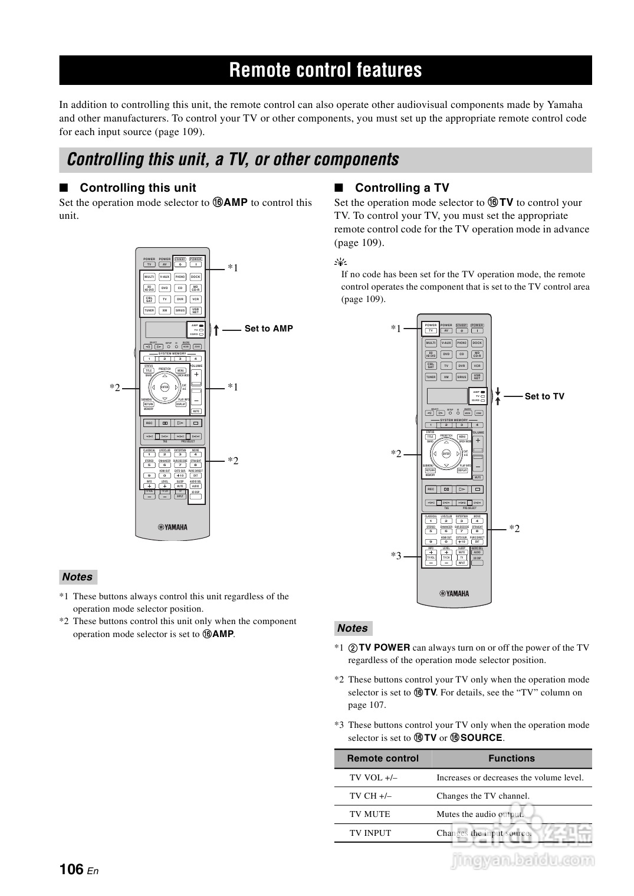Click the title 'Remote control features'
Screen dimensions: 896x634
tap(326, 70)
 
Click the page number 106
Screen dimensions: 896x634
tap(71, 869)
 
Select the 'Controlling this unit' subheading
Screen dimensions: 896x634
tap(137, 188)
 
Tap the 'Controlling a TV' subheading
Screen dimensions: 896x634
tap(402, 188)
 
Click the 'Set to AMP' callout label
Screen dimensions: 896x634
tap(268, 329)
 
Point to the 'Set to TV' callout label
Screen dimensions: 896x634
tap(544, 396)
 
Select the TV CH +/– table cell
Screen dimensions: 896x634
tap(370, 796)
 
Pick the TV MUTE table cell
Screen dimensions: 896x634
tap(370, 814)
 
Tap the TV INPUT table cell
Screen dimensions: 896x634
tap(370, 833)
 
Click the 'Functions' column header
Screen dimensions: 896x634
tap(511, 759)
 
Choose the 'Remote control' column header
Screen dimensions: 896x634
tap(383, 759)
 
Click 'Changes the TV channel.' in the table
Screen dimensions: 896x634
tap(483, 796)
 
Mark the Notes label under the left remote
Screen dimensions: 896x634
tap(78, 577)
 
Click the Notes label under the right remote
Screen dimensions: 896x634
tap(353, 628)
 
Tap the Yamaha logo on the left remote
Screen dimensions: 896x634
tap(172, 527)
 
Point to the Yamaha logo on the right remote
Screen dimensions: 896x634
tap(454, 593)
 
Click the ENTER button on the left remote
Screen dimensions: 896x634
tap(165, 387)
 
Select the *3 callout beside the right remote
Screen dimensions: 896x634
tap(396, 556)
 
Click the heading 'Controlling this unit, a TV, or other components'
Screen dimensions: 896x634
tap(233, 160)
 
